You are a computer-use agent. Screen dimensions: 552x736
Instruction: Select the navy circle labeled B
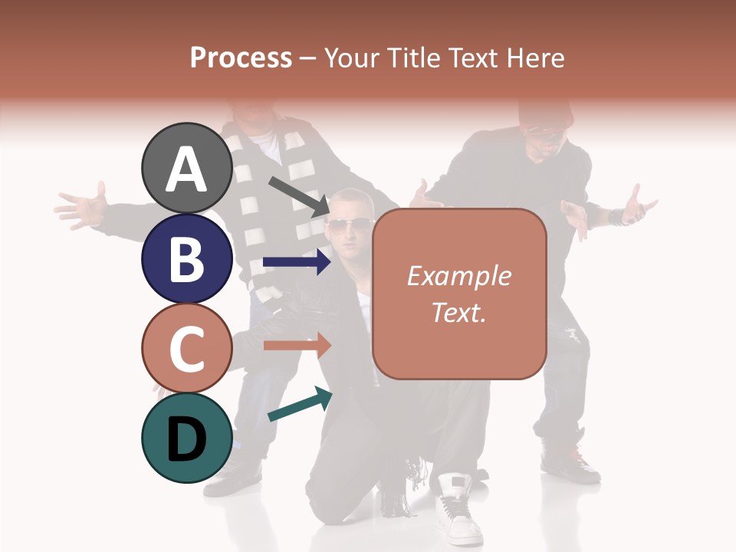click(187, 259)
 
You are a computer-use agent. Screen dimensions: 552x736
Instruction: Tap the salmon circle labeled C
click(187, 349)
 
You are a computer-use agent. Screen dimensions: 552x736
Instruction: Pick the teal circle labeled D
click(187, 438)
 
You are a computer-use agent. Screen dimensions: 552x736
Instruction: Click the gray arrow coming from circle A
click(298, 195)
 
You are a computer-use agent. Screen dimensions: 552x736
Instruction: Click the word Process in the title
click(241, 58)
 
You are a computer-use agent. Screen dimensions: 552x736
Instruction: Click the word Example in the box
click(458, 276)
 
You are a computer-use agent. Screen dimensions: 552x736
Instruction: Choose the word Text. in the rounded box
click(458, 312)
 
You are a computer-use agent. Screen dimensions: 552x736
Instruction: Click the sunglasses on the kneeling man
click(348, 225)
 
